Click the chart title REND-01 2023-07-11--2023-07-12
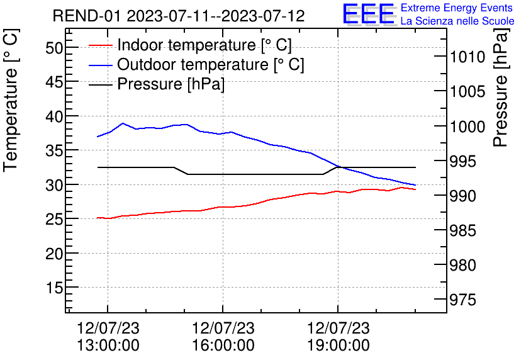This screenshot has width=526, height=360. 179,16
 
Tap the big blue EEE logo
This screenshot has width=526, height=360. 369,14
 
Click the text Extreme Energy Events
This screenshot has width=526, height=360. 457,8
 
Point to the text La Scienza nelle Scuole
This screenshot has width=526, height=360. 457,21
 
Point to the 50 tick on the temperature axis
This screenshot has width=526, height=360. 54,48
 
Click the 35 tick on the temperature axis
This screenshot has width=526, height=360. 54,150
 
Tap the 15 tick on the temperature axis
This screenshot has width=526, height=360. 54,288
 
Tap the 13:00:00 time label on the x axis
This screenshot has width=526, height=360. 108,346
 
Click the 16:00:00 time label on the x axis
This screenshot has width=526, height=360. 223,346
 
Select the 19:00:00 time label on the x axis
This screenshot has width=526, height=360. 338,346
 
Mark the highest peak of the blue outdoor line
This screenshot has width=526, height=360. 123,123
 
